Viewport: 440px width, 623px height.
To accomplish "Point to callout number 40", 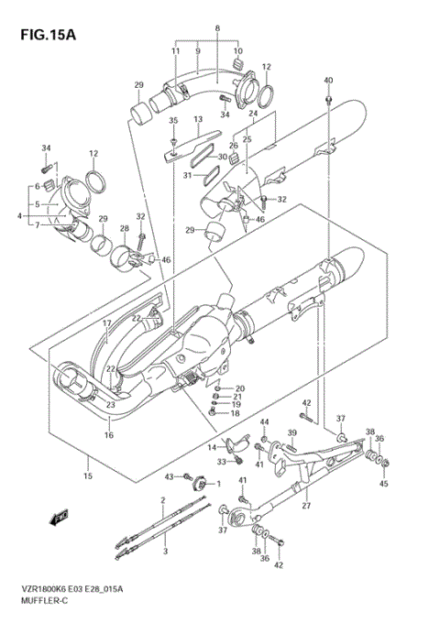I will click(328, 80).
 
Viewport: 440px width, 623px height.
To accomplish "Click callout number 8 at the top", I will click(217, 29).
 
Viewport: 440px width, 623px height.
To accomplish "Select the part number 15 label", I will click(88, 476).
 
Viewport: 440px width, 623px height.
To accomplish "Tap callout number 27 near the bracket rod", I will click(306, 505).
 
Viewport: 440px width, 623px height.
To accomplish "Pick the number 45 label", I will click(384, 484).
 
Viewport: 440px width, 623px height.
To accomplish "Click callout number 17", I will click(106, 323).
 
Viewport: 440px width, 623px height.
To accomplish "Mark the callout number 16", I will click(107, 436).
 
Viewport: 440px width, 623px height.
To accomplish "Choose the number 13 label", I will click(197, 119).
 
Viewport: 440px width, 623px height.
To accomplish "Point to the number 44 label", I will click(264, 421).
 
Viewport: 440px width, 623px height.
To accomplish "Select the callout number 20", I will click(240, 388).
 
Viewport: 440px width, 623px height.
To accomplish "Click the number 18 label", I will click(236, 413).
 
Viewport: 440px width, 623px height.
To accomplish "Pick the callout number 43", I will click(169, 477).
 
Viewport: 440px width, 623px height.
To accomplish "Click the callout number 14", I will click(211, 446).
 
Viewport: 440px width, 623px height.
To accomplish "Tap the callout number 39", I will click(293, 432).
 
